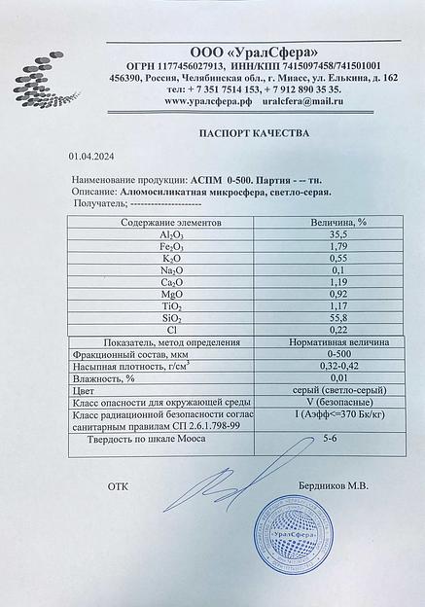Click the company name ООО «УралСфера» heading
pyautogui.click(x=253, y=51)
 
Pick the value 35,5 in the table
pyautogui.click(x=338, y=235)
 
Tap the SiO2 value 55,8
pyautogui.click(x=338, y=317)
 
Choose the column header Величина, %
pyautogui.click(x=338, y=222)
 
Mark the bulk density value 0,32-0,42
pyautogui.click(x=338, y=366)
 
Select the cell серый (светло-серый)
pyautogui.click(x=338, y=390)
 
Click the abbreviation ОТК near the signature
pyautogui.click(x=118, y=484)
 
